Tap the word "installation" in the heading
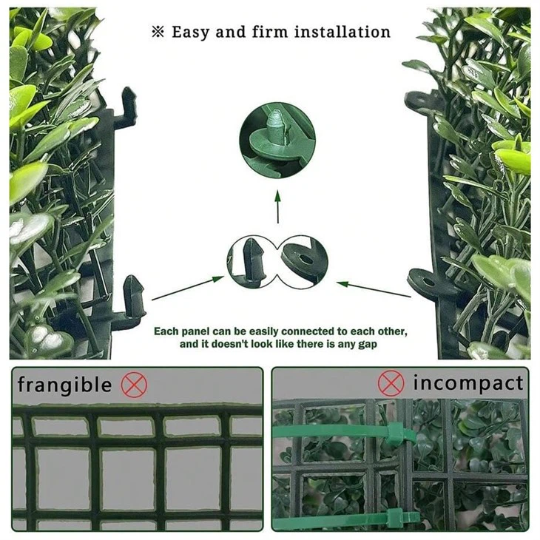click(x=342, y=32)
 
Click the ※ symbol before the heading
click(x=157, y=33)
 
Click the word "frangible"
click(x=64, y=385)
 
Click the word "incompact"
click(x=468, y=383)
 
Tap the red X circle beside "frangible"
click(x=135, y=385)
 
